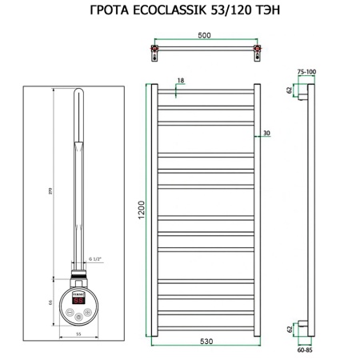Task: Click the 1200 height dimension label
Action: [x=141, y=211]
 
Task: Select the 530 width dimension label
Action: [x=206, y=342]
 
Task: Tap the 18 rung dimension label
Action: [x=181, y=82]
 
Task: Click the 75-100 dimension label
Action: [x=306, y=71]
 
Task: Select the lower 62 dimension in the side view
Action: [x=290, y=327]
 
